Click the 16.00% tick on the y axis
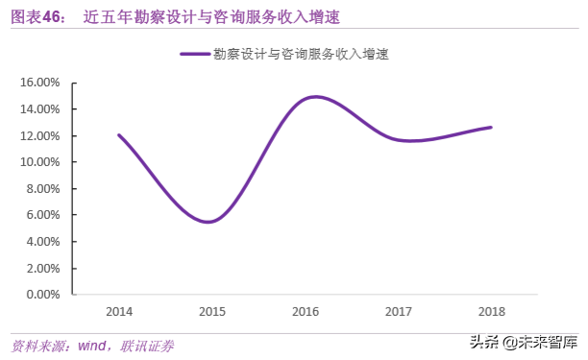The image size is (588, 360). click(x=39, y=83)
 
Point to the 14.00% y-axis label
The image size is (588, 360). click(x=39, y=108)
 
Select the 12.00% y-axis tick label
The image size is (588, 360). click(x=39, y=135)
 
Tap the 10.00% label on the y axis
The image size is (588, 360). click(x=39, y=161)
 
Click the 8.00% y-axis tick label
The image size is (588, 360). click(x=42, y=188)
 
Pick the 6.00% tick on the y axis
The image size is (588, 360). click(x=42, y=214)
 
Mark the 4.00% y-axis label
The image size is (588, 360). click(x=42, y=241)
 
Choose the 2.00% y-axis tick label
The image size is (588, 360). click(x=42, y=267)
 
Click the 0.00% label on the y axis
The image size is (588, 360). click(x=42, y=294)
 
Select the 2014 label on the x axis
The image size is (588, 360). click(x=119, y=312)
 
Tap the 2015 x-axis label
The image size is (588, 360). click(x=212, y=312)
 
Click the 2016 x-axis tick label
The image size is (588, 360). click(x=306, y=312)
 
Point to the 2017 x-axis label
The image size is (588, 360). click(x=399, y=312)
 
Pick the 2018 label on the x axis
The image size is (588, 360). click(x=492, y=312)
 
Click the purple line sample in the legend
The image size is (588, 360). click(x=195, y=55)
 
